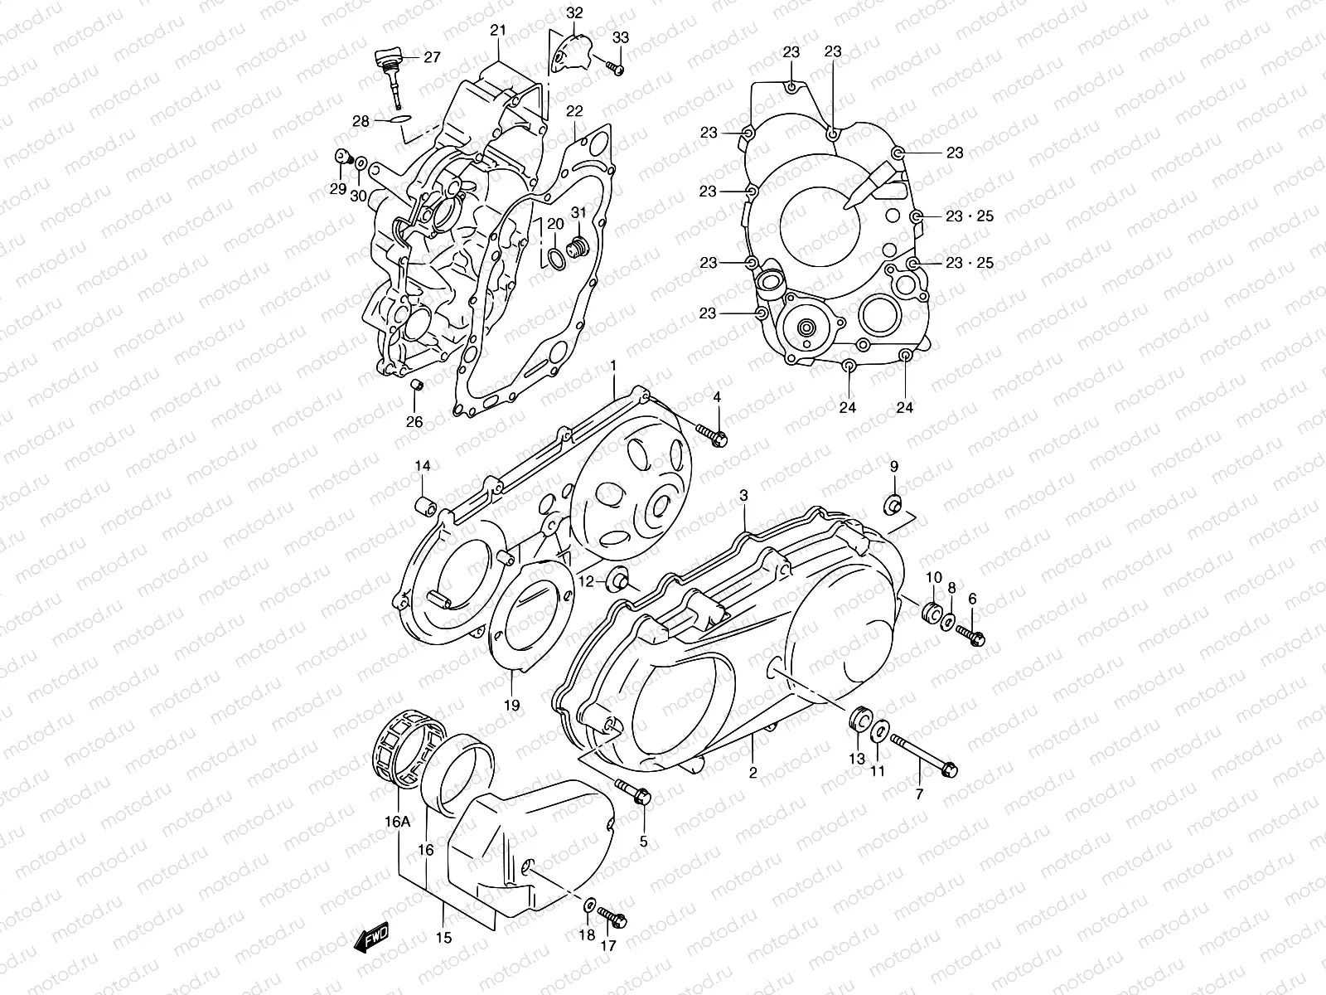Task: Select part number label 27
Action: pos(432,57)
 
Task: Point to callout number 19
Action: pos(512,706)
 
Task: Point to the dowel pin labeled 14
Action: pos(425,505)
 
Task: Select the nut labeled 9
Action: pos(893,503)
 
